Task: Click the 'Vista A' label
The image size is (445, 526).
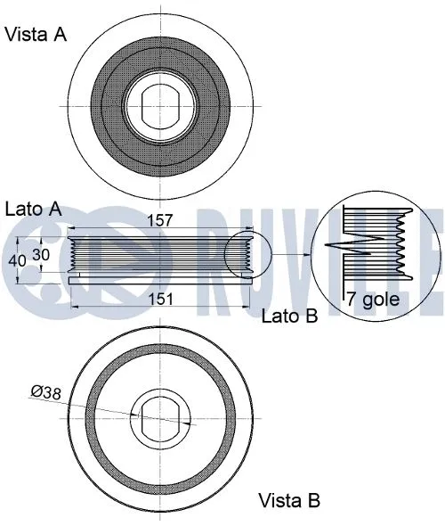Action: [36, 35]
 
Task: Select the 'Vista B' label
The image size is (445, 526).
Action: [288, 500]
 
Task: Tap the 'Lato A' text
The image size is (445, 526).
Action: [33, 210]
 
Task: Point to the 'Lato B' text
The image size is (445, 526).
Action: [289, 315]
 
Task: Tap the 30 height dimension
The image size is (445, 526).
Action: [41, 253]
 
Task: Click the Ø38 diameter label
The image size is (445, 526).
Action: [46, 390]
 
